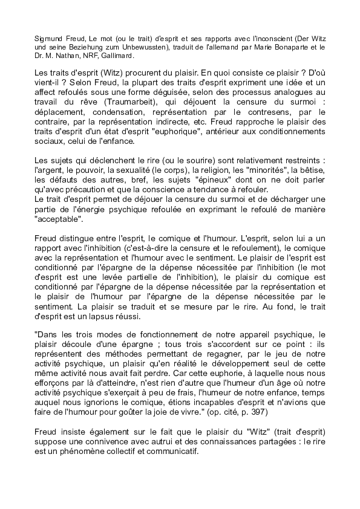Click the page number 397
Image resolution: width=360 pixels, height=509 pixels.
(x=250, y=410)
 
